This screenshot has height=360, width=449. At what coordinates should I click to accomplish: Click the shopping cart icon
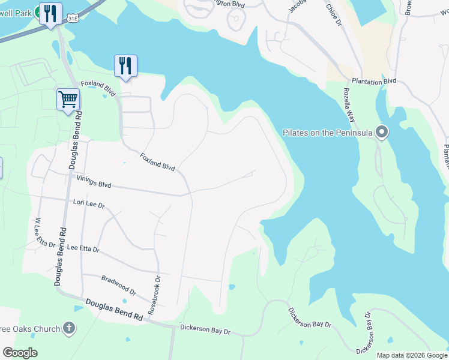[x=68, y=99]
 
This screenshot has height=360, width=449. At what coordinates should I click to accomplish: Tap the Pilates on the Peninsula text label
[x=328, y=133]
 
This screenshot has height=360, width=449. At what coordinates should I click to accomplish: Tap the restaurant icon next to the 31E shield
[x=50, y=13]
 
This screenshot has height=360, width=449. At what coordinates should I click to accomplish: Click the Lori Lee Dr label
[x=89, y=205]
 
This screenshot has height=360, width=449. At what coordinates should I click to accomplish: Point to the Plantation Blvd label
[x=374, y=81]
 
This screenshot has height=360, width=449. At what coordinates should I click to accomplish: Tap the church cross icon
[x=70, y=328]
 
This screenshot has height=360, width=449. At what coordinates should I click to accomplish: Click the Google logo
[x=20, y=353]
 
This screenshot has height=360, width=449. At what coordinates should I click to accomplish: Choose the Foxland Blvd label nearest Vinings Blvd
[x=157, y=162]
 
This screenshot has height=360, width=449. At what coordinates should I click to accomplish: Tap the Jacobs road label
[x=297, y=6]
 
